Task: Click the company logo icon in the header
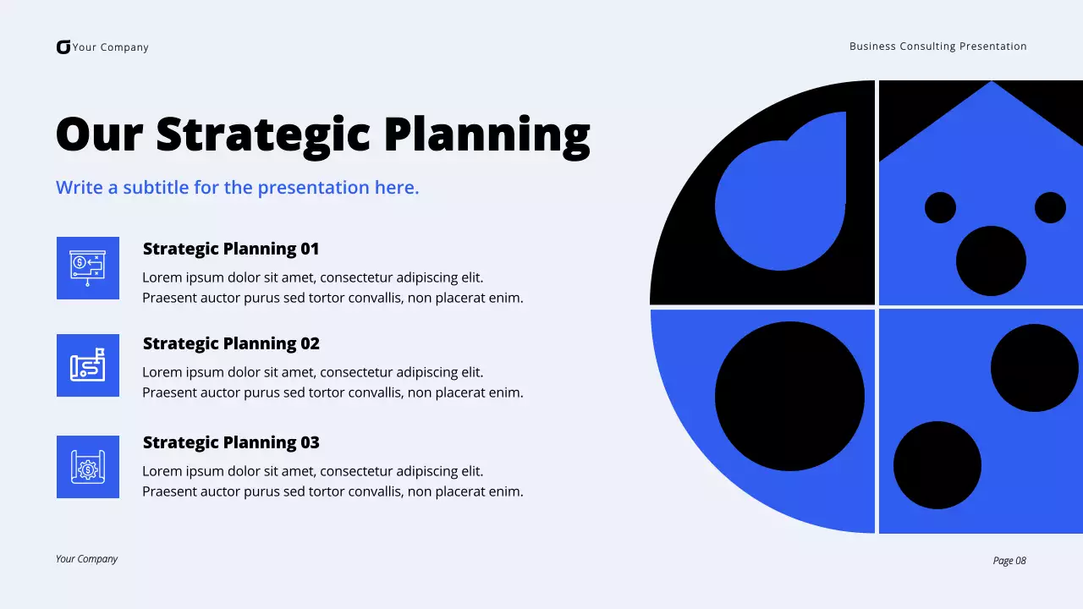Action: click(x=63, y=47)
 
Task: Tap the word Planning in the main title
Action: click(x=487, y=134)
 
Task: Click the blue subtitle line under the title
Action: click(x=238, y=188)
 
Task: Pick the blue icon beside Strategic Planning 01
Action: click(x=88, y=268)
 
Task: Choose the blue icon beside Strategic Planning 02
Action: click(x=88, y=365)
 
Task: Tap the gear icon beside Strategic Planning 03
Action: click(x=88, y=467)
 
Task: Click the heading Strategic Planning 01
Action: click(x=231, y=249)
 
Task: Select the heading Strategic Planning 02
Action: click(x=231, y=343)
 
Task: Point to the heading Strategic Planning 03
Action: click(x=231, y=442)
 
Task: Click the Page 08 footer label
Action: click(x=1009, y=561)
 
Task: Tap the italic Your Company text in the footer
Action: click(x=86, y=559)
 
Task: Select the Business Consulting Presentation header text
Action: click(x=937, y=47)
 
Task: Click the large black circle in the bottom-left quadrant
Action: click(x=789, y=396)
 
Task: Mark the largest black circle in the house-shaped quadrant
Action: click(x=991, y=261)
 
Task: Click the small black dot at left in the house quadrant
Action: click(x=940, y=207)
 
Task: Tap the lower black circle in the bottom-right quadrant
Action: click(x=937, y=465)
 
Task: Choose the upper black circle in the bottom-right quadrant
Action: click(x=1034, y=368)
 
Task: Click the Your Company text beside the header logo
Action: click(x=111, y=47)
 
